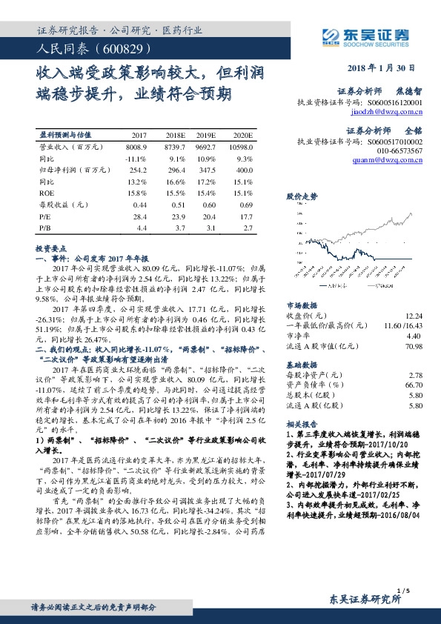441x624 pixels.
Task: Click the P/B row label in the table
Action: (44, 227)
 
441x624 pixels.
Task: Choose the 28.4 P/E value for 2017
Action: (140, 216)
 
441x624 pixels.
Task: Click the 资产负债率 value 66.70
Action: (414, 385)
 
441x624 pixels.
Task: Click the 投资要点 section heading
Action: (51, 250)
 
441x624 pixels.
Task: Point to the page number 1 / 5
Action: (405, 590)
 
